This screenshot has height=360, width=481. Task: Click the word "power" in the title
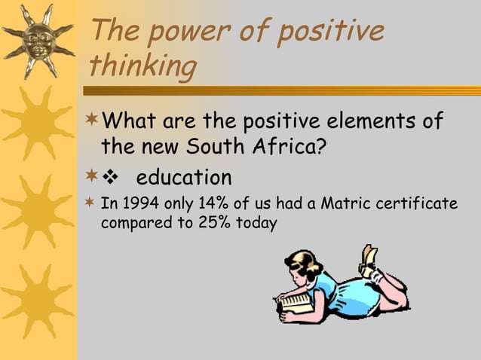click(188, 33)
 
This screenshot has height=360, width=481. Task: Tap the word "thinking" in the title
click(142, 67)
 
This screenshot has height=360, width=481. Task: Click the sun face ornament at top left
click(38, 39)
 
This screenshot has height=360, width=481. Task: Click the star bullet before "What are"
click(93, 121)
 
